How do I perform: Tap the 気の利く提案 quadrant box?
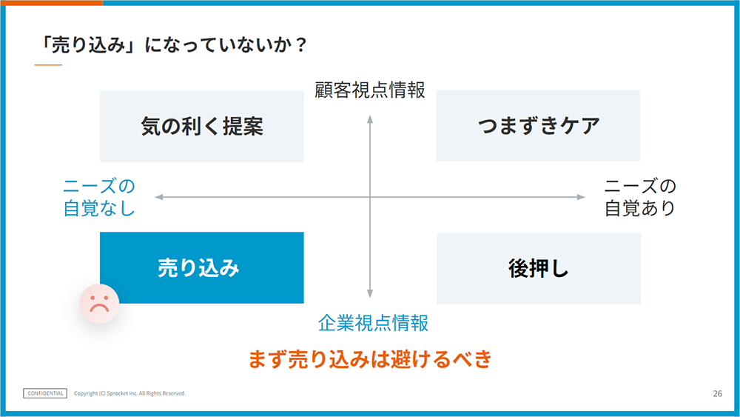click(201, 127)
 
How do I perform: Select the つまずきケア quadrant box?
click(538, 126)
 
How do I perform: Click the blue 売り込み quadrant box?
click(201, 268)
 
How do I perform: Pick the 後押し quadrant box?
click(539, 268)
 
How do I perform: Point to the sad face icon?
click(99, 304)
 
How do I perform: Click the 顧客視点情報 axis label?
click(370, 90)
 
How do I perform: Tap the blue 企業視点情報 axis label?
click(373, 323)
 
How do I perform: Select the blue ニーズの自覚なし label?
click(99, 198)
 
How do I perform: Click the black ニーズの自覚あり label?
click(640, 198)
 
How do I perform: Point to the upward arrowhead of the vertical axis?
click(370, 119)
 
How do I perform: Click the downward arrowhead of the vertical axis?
click(370, 294)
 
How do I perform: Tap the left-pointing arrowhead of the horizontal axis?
click(159, 197)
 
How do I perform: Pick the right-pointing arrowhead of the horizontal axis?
click(581, 197)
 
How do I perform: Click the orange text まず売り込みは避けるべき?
click(370, 359)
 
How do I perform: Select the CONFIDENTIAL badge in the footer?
click(45, 393)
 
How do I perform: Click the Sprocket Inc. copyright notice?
click(129, 393)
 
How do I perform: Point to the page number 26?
click(717, 393)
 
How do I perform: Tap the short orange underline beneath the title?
click(48, 64)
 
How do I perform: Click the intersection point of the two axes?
click(370, 197)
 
